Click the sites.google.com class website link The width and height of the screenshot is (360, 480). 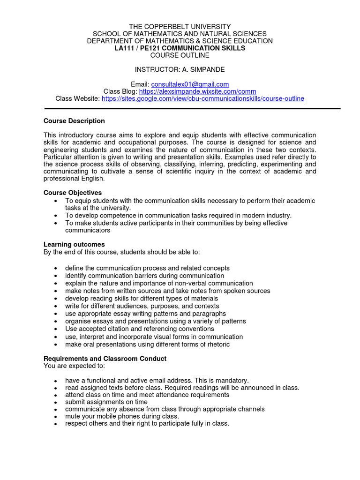click(202, 98)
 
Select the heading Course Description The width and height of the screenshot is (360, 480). click(74, 121)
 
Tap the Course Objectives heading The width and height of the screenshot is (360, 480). click(73, 193)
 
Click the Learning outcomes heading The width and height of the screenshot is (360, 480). click(74, 244)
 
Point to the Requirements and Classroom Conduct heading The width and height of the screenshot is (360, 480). click(105, 359)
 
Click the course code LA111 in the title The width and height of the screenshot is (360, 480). click(124, 48)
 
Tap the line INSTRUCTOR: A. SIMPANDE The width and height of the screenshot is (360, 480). click(180, 69)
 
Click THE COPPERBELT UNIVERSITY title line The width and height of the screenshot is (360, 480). click(180, 26)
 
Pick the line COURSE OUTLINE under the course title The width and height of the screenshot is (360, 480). click(180, 55)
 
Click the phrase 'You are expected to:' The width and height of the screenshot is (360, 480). click(74, 366)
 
